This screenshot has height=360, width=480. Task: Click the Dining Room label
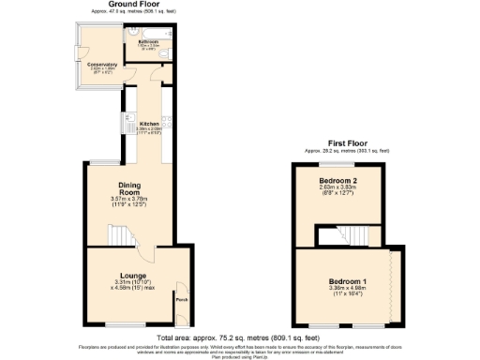[129, 188]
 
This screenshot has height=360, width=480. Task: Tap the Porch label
[181, 300]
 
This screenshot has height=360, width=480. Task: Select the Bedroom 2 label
[337, 179]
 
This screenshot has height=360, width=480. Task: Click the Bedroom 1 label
[348, 281]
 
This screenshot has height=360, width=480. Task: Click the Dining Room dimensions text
[129, 202]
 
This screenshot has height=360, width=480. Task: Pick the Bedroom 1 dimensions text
[348, 293]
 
